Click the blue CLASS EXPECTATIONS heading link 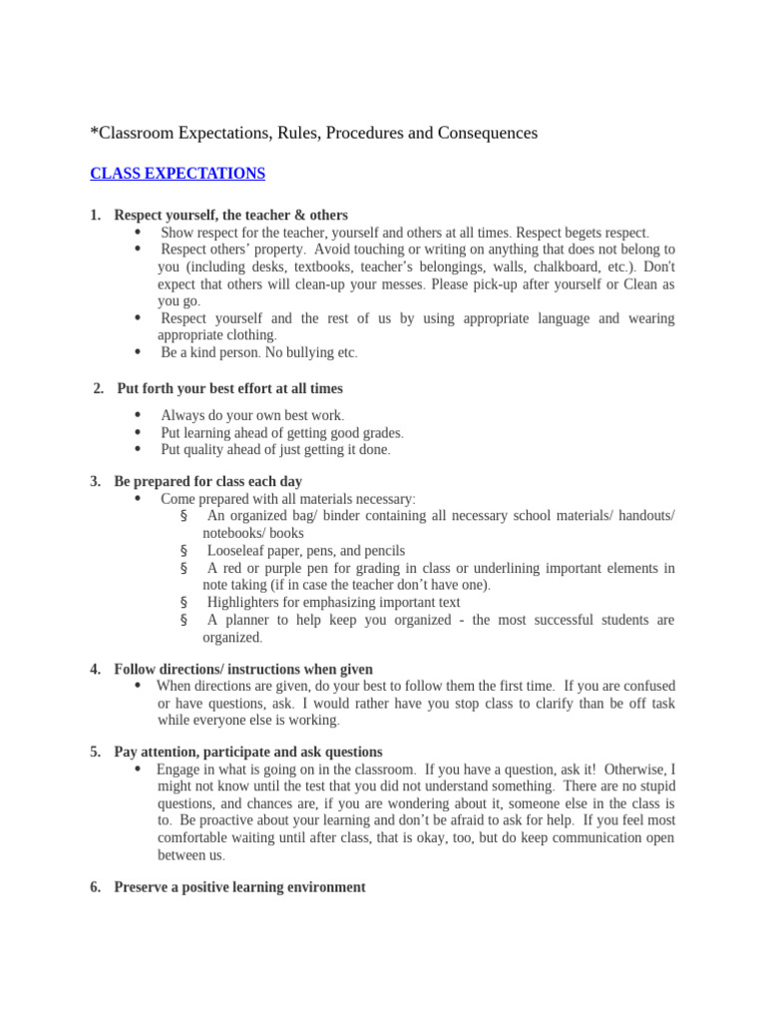point(178,174)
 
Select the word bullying point(309,353)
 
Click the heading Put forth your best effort point(229,388)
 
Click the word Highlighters point(250,603)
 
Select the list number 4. point(95,669)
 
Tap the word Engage point(181,770)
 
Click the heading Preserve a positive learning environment point(239,887)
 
